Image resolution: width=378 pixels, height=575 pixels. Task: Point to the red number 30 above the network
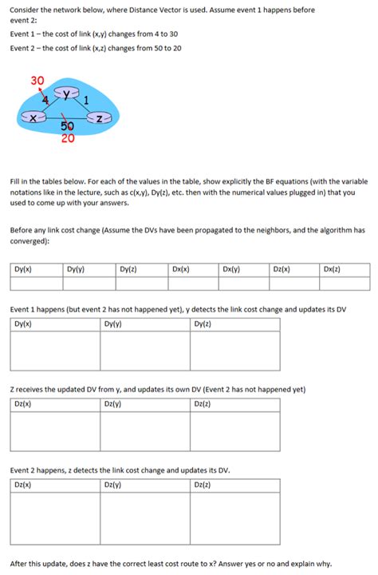(37, 80)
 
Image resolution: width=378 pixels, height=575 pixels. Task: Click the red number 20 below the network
(68, 137)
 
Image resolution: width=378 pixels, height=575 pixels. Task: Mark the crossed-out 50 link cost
(67, 126)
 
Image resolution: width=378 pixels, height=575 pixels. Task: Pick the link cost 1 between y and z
(96, 100)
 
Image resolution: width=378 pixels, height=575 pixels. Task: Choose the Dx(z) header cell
(333, 270)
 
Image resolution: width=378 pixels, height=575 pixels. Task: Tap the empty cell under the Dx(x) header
(191, 283)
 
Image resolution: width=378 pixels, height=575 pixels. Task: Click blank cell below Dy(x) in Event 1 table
(54, 351)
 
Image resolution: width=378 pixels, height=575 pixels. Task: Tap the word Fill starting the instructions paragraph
(15, 181)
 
